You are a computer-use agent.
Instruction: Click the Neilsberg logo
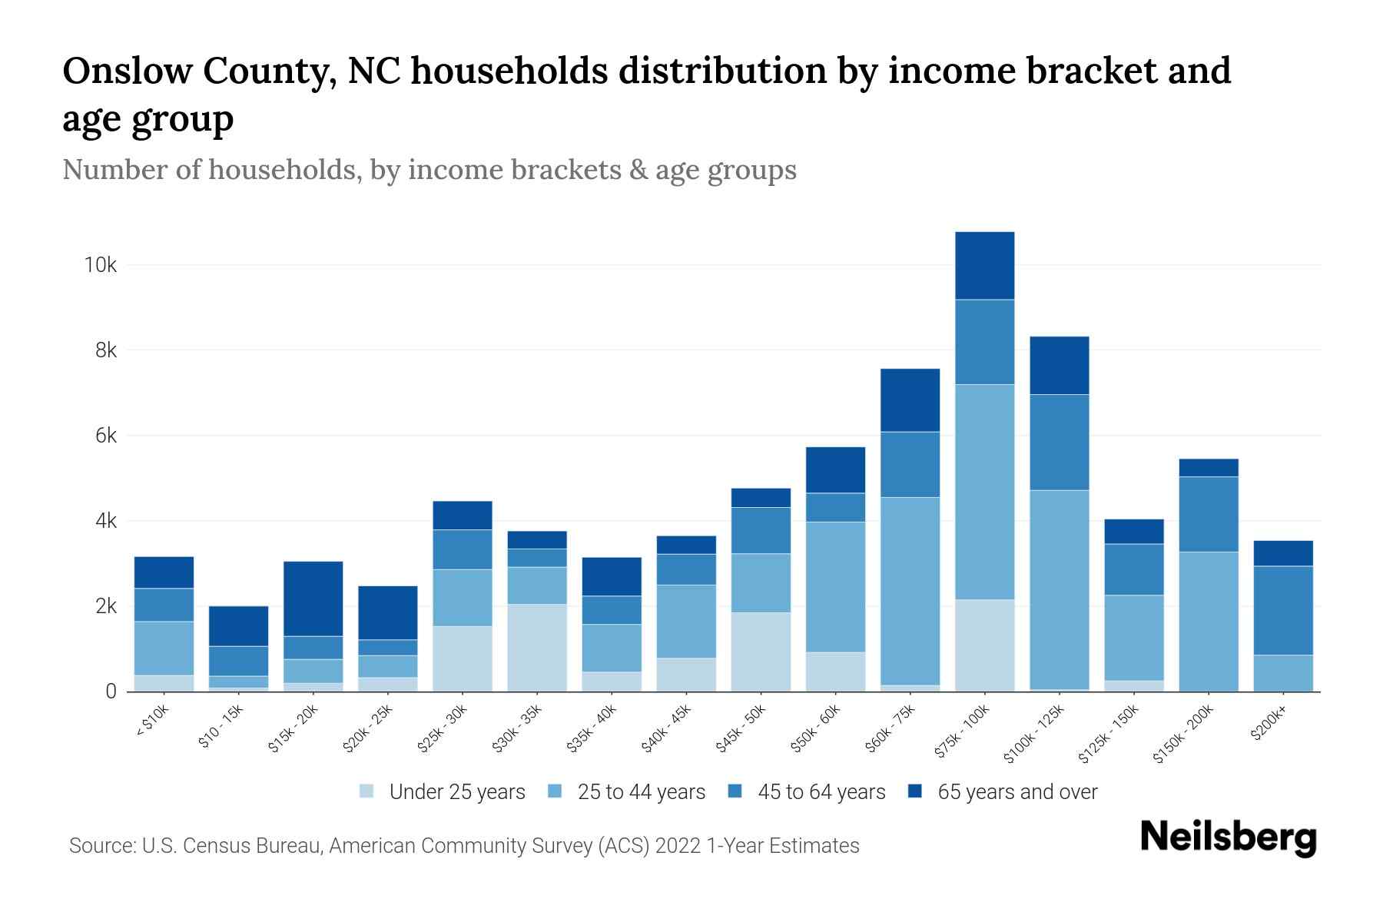(1228, 837)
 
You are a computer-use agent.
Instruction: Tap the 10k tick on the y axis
(101, 265)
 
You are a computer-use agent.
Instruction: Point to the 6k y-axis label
(106, 436)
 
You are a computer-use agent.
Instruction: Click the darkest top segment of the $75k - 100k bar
(984, 265)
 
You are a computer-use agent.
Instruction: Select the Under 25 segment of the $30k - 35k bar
(537, 647)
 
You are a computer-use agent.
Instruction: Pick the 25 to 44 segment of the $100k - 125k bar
(1059, 589)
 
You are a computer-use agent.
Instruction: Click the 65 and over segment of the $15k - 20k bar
(313, 599)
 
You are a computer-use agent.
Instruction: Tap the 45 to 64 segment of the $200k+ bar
(1283, 611)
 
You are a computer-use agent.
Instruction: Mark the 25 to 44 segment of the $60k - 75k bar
(910, 591)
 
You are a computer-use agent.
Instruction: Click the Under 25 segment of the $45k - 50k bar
(761, 652)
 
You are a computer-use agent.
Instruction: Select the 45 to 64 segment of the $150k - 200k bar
(1209, 514)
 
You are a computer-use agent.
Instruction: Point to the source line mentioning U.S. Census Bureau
(464, 846)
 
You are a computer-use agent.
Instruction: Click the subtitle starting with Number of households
(429, 170)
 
